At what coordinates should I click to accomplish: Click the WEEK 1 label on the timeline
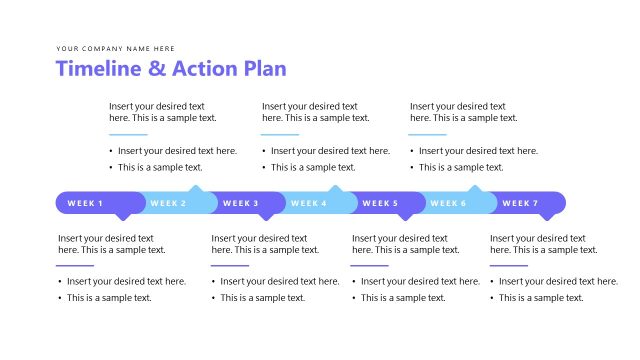[85, 203]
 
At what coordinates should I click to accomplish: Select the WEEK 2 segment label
[168, 203]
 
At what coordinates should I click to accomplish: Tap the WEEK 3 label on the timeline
[240, 203]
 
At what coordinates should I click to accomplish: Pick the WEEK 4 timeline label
[309, 203]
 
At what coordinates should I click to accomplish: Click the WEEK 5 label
[380, 203]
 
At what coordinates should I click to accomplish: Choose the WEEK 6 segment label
[448, 203]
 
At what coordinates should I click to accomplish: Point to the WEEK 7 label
[520, 203]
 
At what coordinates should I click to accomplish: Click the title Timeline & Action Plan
[171, 68]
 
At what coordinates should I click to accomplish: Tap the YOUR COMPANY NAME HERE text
[116, 48]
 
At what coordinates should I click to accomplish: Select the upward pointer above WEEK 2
[196, 188]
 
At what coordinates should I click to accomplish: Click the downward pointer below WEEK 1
[124, 215]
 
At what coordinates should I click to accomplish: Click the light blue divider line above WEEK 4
[280, 134]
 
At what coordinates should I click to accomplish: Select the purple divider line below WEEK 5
[370, 265]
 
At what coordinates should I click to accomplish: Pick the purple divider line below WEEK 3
[230, 265]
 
